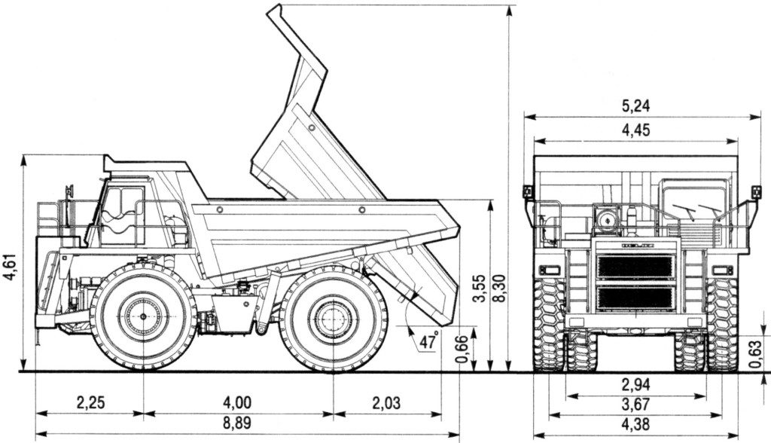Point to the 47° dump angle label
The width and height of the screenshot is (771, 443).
click(x=428, y=341)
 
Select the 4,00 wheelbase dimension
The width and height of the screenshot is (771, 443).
click(x=238, y=402)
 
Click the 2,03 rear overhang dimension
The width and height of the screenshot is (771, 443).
click(x=386, y=402)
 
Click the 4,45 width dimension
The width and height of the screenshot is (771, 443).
click(x=636, y=130)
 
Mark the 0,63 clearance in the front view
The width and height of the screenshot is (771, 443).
click(x=756, y=351)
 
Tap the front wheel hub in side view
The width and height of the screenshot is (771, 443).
click(x=143, y=317)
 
